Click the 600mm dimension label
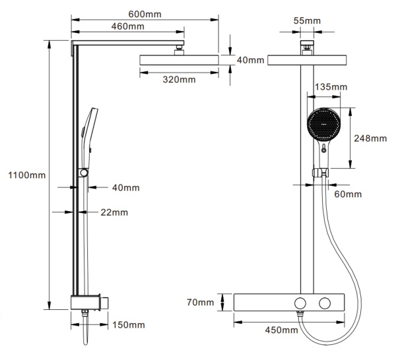pos(145,14)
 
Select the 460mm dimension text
pos(128,26)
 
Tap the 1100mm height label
pos(27,175)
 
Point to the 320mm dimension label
pos(179,80)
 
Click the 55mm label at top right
pos(307,20)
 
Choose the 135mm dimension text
pos(331,87)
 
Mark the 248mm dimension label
pos(370,138)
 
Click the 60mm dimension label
pos(348,194)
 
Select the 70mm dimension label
pos(200,302)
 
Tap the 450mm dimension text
pos(281,330)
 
